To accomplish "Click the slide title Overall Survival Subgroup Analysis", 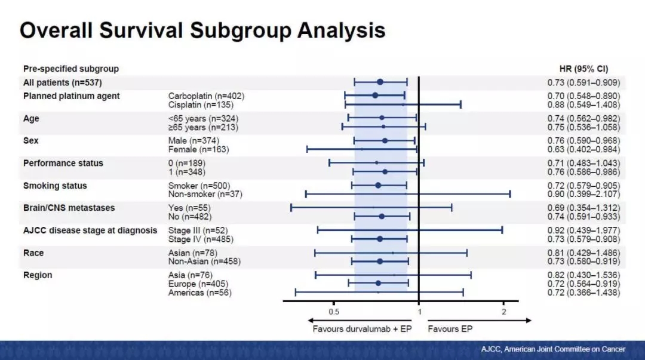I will tap(202, 30).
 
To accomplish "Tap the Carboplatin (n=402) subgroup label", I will tap(206, 96).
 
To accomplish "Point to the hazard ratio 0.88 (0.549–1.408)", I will tap(583, 104).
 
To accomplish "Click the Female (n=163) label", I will tap(198, 149).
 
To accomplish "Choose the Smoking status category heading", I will tap(55, 186).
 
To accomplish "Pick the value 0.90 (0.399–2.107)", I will tap(583, 194).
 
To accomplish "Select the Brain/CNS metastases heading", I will tap(69, 208).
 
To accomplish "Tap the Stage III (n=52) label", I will tap(198, 230).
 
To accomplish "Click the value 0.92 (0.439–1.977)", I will tap(583, 230).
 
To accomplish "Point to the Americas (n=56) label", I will tap(199, 293).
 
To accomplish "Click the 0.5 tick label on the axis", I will tap(334, 312).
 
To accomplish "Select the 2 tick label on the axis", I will tap(503, 312).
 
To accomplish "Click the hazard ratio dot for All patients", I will tap(380, 82).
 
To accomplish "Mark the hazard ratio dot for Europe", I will tap(378, 283).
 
